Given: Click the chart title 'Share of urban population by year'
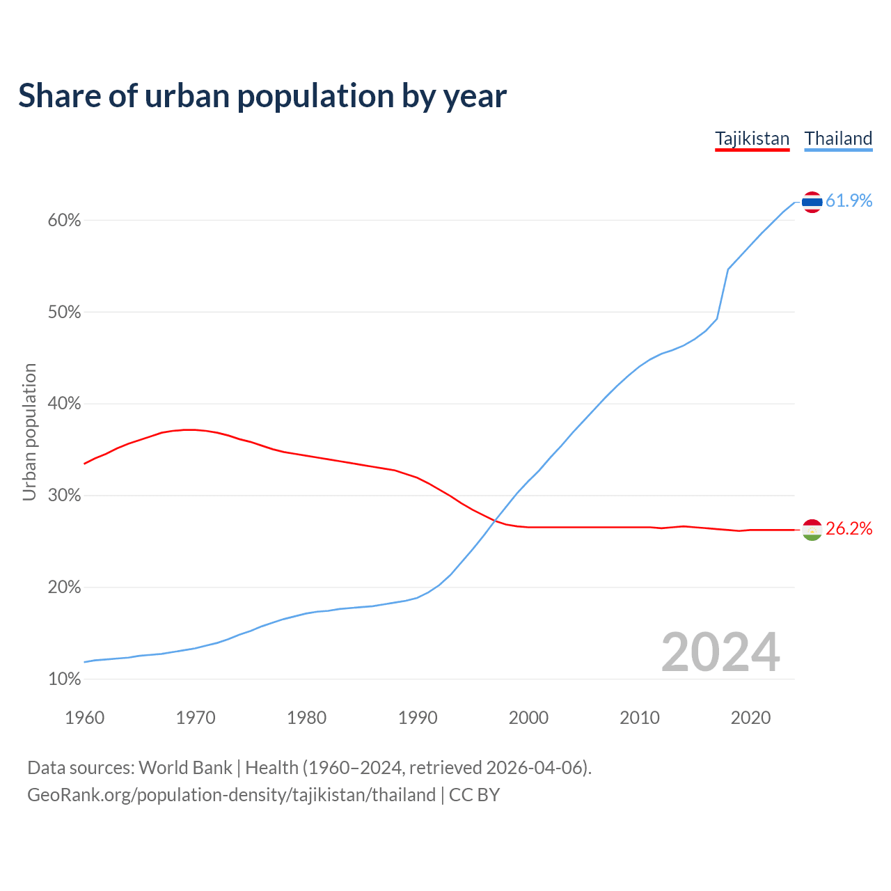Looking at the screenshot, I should pos(262,96).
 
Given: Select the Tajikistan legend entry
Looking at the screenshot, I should pos(752,139).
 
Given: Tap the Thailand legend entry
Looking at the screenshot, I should pos(838,139).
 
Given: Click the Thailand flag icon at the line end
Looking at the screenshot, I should pos(812,202).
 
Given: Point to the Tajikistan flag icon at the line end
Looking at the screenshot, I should pos(812,530).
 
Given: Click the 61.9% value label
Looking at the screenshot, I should pos(849,201).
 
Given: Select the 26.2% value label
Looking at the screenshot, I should pos(849,529).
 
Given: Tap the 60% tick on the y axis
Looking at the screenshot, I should pos(64,221).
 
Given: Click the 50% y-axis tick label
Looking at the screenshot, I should pos(64,313).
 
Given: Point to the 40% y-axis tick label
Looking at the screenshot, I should pos(64,404).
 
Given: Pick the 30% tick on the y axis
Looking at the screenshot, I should pos(64,496).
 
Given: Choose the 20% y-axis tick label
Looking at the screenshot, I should pos(64,588).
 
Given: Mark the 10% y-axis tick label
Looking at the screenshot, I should pos(64,679).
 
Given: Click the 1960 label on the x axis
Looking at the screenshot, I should pos(84,718).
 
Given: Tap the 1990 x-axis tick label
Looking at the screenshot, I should pos(418,718).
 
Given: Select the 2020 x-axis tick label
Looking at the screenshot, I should pos(750,718).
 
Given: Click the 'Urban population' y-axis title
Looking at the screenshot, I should pos(29,432).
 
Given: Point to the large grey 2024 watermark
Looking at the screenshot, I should pos(720,653).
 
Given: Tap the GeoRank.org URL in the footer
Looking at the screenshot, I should pos(231,795).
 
